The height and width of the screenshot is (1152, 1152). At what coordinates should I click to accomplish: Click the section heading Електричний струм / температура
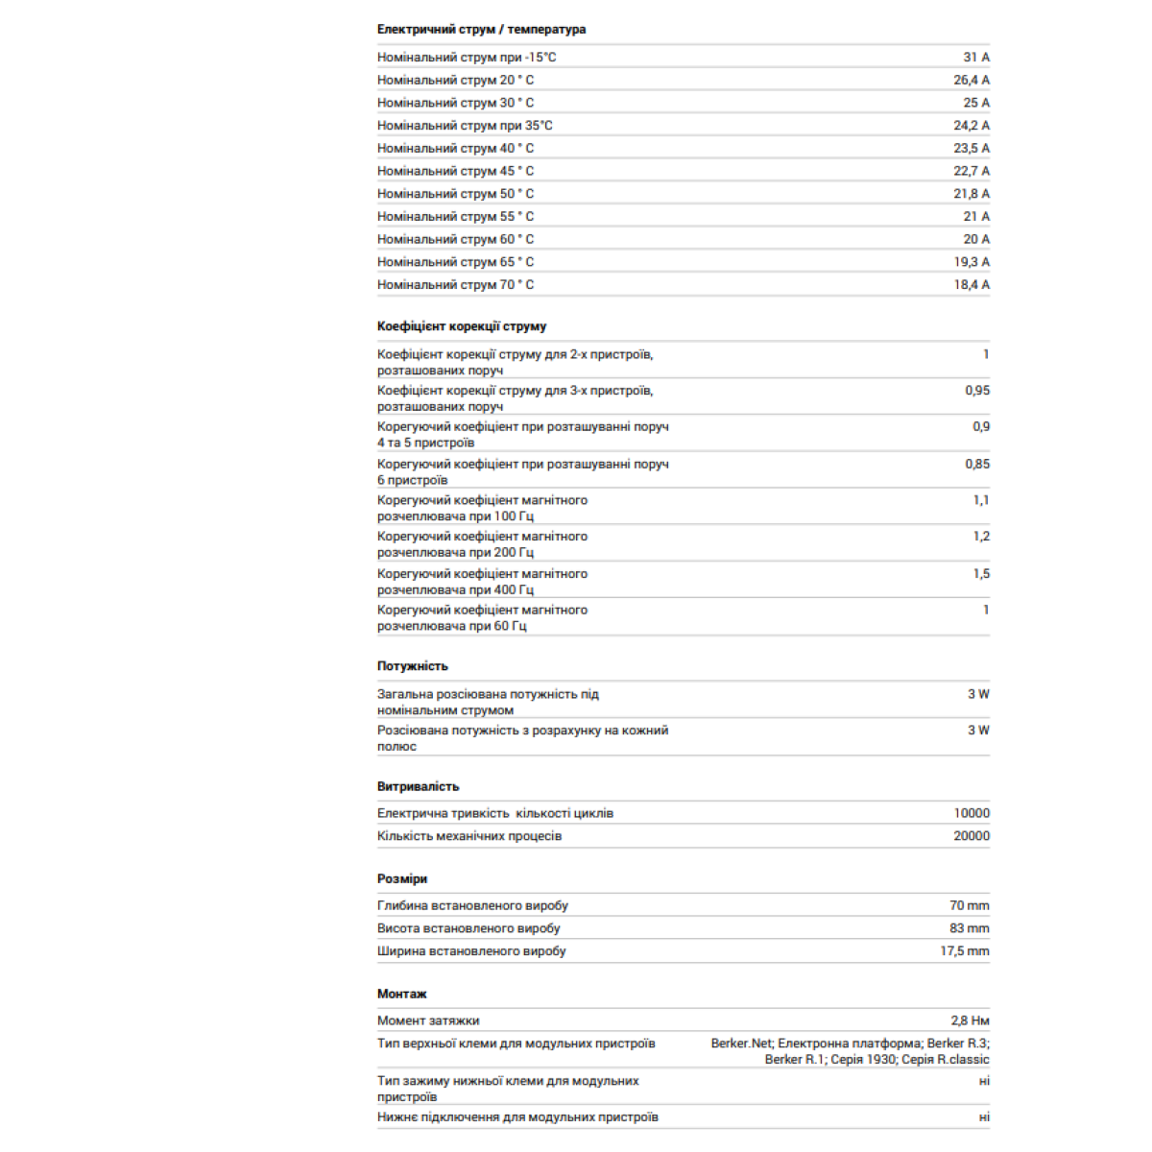point(481,30)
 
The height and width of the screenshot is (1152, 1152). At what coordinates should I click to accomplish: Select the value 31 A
point(976,58)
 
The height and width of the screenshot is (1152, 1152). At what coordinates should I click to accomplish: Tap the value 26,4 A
point(972,81)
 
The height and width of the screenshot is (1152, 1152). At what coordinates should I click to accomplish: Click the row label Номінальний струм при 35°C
point(465,126)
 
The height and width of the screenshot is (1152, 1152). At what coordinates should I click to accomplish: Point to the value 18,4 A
point(972,285)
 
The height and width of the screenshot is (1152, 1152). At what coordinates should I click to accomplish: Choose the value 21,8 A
point(972,194)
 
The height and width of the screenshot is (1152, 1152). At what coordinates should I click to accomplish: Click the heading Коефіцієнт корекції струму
point(462,326)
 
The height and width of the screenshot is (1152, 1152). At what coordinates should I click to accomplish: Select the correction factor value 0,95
point(977,391)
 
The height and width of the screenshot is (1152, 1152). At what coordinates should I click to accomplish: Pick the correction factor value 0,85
point(977,465)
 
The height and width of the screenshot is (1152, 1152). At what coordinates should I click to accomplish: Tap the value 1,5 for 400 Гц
point(981,574)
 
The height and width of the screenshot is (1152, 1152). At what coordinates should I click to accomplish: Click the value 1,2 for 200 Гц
point(981,537)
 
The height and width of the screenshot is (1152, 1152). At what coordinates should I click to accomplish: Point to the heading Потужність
point(412,666)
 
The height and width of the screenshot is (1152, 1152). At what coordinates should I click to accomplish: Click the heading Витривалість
point(418,786)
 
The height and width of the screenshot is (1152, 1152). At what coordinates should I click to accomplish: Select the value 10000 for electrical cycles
point(972,813)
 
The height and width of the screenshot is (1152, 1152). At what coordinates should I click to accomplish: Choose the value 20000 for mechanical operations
point(972,836)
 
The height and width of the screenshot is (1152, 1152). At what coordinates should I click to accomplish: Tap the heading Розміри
point(402,879)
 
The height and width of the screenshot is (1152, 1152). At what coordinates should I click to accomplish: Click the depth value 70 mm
point(970,906)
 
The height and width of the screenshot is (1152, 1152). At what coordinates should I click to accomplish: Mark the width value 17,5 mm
point(965,951)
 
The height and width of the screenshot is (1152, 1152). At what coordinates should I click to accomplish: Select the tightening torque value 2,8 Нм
point(970,1021)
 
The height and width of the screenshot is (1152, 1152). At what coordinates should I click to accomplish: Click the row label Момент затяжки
point(428,1021)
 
